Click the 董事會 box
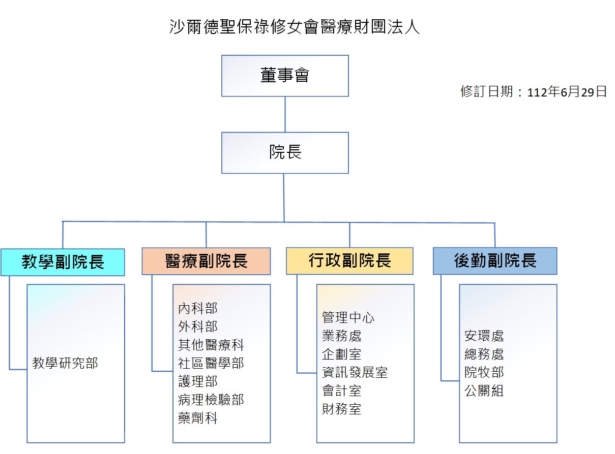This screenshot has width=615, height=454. (285, 76)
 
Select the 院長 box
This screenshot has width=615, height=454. (285, 152)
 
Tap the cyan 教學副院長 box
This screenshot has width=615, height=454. (63, 262)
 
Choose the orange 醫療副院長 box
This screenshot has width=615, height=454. (206, 261)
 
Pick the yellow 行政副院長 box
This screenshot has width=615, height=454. (349, 261)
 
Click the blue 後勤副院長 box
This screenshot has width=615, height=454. (495, 261)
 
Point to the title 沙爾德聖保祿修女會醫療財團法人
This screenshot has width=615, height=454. (295, 27)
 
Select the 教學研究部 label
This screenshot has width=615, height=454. (65, 363)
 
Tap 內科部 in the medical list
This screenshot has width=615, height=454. (198, 308)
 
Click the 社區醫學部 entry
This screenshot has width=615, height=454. (211, 363)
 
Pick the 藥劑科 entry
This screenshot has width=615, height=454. (198, 418)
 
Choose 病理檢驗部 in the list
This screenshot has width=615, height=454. (211, 400)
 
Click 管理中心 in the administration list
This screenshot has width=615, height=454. (348, 317)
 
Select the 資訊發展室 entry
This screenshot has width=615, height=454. (355, 372)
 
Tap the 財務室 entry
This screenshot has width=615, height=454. (342, 409)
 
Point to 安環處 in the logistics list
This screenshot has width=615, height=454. (484, 336)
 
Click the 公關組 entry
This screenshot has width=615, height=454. (484, 391)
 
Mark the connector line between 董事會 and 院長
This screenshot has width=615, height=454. (285, 114)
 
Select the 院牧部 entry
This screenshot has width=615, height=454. (484, 372)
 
